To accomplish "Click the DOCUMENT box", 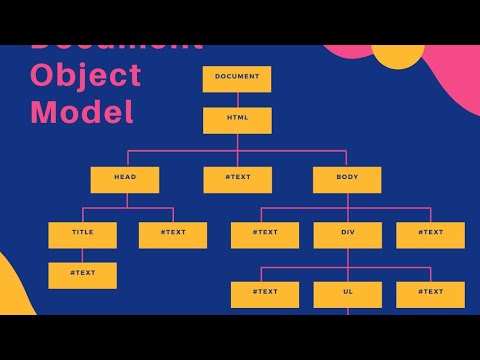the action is (x=237, y=78).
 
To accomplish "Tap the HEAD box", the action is (x=125, y=179).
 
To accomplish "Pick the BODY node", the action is (x=347, y=179).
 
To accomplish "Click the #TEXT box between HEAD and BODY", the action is (x=237, y=179).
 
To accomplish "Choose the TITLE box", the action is (x=82, y=234).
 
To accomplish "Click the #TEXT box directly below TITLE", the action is (x=82, y=275).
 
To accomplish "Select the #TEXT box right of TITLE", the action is (x=173, y=234).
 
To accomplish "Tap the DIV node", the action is (x=347, y=234).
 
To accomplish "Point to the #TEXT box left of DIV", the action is (x=264, y=234).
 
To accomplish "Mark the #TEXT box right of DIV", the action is (x=430, y=234).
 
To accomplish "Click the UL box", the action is (x=347, y=294).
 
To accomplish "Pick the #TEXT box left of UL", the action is (x=264, y=294).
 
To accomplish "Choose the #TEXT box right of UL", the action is (x=430, y=294).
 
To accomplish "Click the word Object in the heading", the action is (x=86, y=75).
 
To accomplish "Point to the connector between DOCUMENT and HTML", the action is (x=237, y=100).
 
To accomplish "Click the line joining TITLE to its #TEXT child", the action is (x=82, y=255).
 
